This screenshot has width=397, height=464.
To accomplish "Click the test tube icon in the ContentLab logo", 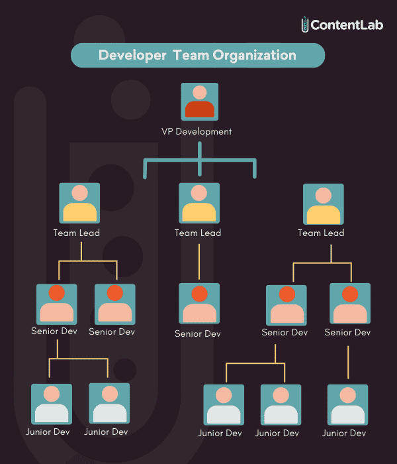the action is (304, 25).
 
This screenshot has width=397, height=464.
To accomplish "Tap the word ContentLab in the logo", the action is (347, 25).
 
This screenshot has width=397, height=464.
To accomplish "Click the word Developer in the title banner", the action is (132, 55).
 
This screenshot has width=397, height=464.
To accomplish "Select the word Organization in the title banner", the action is (254, 55).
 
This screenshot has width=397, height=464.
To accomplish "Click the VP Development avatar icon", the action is (200, 101).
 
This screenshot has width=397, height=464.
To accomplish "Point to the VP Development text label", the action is (197, 131).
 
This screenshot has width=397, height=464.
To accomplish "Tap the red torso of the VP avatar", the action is (200, 109).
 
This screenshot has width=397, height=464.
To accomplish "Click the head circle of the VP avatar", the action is (200, 92).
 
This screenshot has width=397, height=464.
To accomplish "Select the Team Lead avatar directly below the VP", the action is (199, 203).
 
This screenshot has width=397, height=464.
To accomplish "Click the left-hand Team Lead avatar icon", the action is (79, 203).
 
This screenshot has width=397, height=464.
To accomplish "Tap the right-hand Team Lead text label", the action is (321, 233).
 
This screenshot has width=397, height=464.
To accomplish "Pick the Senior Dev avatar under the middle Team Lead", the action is (199, 304).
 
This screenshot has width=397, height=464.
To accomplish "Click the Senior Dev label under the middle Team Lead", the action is (198, 334).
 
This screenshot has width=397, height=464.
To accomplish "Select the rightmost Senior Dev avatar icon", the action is (350, 304).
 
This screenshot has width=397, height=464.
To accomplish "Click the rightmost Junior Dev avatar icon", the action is (347, 405).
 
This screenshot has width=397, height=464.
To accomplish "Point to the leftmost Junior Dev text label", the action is (48, 432).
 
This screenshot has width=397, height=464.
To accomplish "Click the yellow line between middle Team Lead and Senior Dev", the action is (199, 262).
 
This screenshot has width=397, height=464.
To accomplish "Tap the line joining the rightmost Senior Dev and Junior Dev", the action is (348, 362).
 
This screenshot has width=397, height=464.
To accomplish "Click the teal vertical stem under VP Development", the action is (200, 159).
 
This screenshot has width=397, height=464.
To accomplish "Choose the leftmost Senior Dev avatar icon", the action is (57, 304).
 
